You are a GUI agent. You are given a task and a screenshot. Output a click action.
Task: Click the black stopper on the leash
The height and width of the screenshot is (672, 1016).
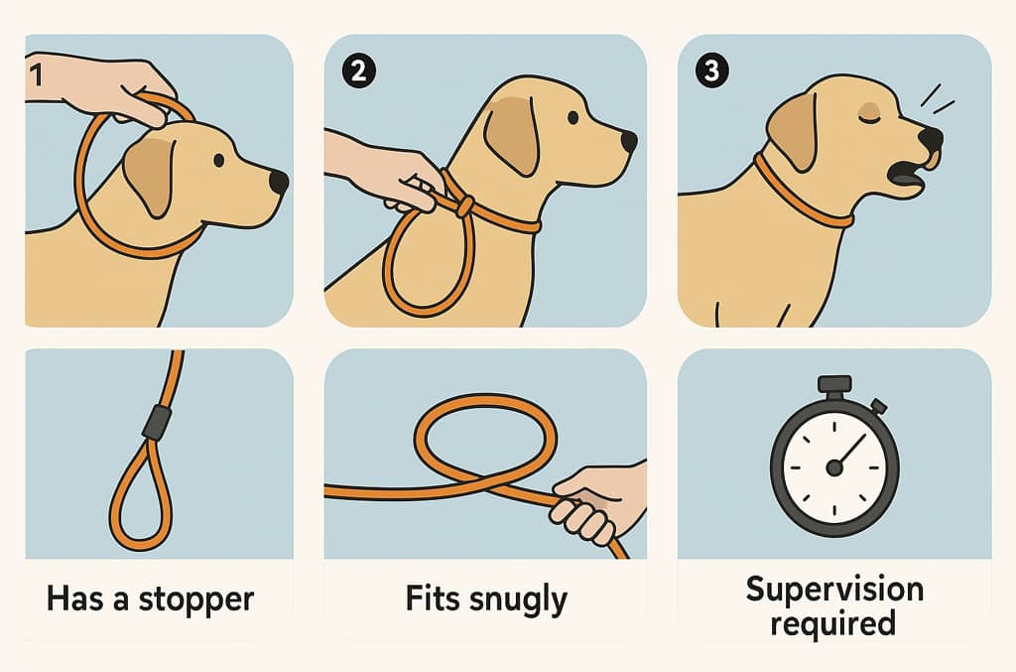(157, 422)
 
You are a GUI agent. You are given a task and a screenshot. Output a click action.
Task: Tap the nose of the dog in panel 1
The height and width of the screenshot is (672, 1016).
(278, 182)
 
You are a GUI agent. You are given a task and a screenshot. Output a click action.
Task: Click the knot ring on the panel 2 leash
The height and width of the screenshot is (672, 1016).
(464, 207)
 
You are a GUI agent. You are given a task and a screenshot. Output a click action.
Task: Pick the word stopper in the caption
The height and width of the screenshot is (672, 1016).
(196, 600)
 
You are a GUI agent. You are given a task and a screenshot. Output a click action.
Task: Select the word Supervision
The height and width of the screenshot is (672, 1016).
(834, 589)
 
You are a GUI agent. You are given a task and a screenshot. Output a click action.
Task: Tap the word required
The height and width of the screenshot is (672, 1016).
(833, 623)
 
